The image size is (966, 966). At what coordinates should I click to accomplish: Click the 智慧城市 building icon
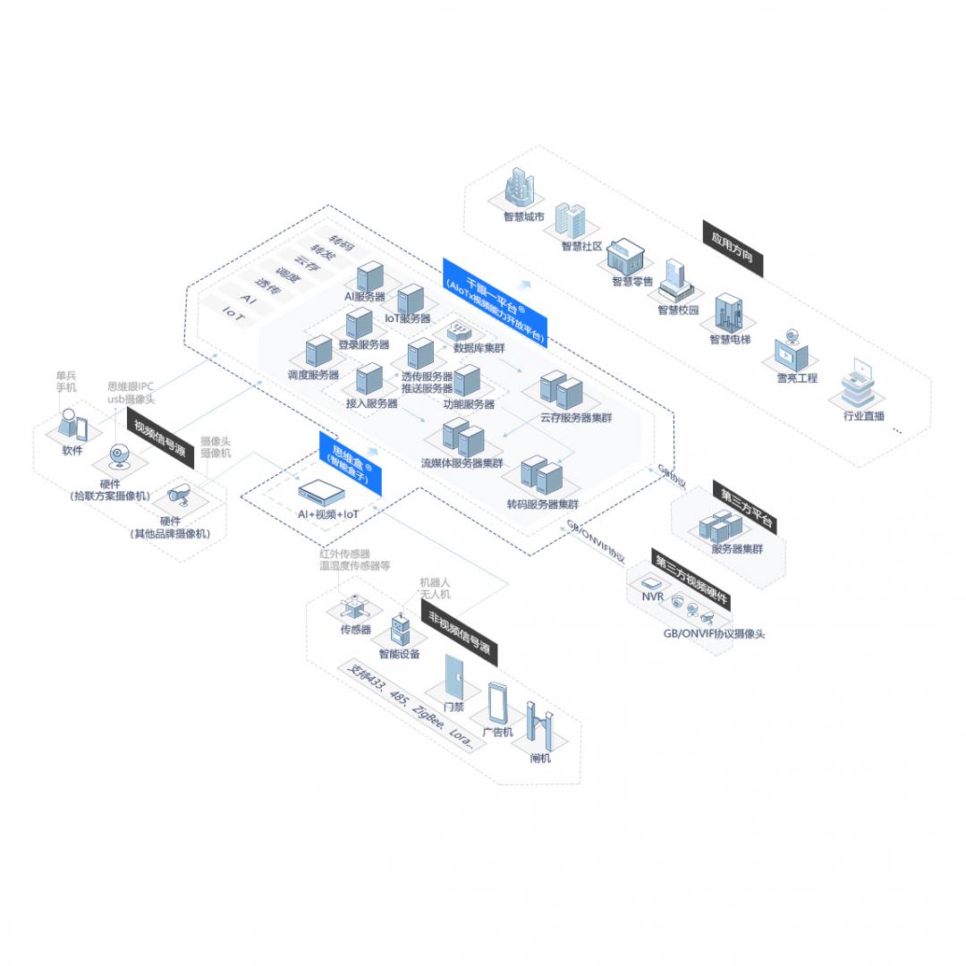520,189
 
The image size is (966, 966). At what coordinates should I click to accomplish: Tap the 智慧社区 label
582,246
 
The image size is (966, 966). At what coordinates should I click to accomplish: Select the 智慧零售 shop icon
623,257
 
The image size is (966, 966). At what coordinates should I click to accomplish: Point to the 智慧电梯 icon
728,314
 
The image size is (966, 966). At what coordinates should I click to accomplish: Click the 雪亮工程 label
796,378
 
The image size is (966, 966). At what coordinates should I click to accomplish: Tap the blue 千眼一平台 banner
495,301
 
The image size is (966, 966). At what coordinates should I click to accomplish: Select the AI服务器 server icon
369,276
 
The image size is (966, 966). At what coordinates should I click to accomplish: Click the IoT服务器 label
407,318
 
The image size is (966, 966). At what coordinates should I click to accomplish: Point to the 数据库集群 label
479,348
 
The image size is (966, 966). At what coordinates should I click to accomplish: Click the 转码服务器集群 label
542,504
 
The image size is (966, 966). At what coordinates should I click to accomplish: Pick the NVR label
652,596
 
